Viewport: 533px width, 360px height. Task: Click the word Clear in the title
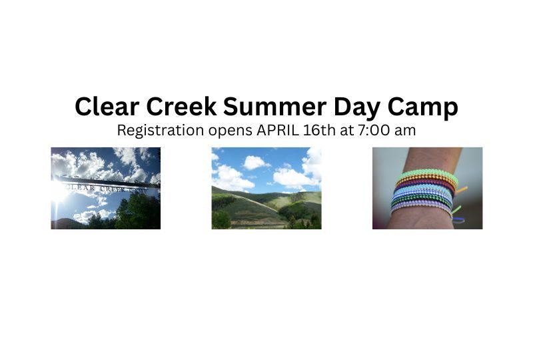coord(107,106)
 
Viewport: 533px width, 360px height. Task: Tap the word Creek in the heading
coord(181,106)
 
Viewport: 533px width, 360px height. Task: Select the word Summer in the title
coord(274,106)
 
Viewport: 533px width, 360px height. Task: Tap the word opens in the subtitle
coord(230,132)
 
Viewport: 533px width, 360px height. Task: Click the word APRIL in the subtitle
coord(278,130)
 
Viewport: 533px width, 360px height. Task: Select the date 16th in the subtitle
coord(319,130)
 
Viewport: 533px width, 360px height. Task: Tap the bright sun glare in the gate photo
coord(59,195)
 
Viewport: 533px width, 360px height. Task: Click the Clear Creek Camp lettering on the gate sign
coord(105,189)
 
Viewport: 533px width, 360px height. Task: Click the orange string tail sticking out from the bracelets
coord(462,190)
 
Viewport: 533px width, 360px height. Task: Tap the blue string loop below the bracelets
coord(459,220)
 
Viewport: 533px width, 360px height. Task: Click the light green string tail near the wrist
coord(456,209)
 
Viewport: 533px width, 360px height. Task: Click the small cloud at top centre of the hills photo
coord(256,162)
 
